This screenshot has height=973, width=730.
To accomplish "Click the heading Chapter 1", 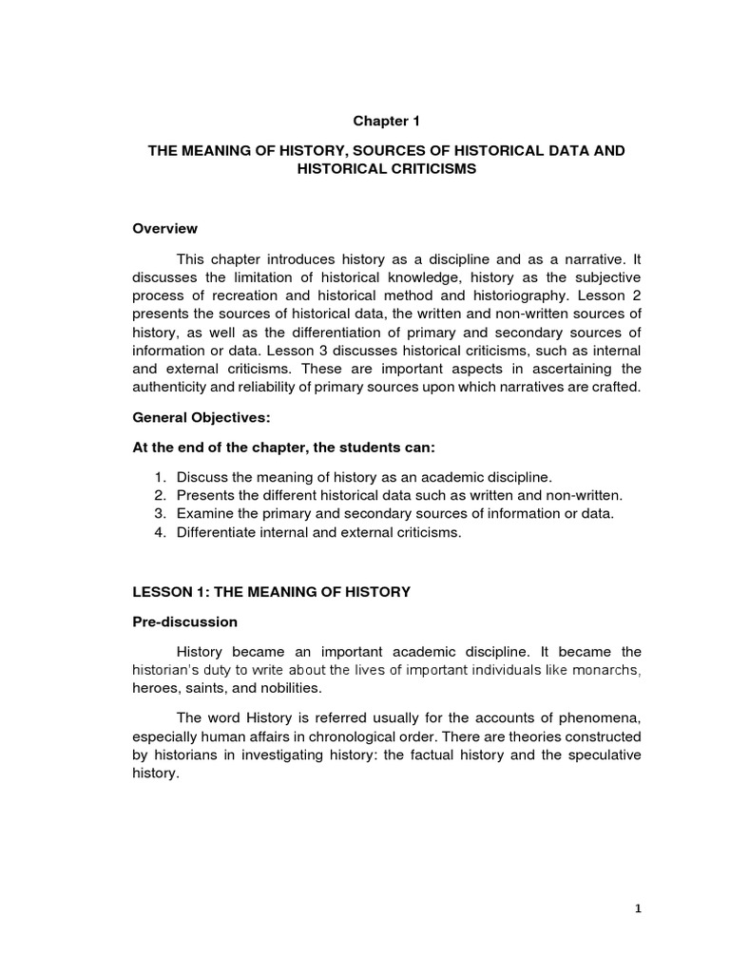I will click(x=386, y=121).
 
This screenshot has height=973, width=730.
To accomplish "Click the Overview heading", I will click(x=165, y=228).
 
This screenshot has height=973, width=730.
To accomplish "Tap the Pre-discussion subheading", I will click(x=184, y=622).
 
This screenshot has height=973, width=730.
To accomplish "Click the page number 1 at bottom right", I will click(x=639, y=908).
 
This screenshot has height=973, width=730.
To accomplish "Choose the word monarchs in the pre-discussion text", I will click(x=606, y=670).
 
